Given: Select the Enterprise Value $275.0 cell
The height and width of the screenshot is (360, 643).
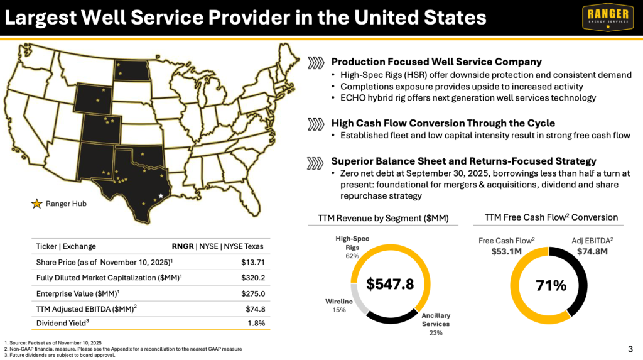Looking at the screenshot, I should [253, 293].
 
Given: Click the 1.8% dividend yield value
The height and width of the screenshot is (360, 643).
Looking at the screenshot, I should [256, 323].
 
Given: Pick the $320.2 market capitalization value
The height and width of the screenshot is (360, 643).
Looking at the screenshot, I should [252, 277].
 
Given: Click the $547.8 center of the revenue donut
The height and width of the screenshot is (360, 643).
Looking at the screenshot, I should [390, 284].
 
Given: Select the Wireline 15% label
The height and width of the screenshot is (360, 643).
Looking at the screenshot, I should [338, 305].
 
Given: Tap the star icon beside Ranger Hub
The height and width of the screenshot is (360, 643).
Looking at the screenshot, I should [36, 204].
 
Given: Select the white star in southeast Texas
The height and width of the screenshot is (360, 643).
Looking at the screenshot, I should [161, 196].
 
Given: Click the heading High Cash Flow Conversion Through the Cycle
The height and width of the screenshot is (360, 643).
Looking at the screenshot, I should [443, 123].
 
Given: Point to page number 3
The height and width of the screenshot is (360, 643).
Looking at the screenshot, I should [630, 349].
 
